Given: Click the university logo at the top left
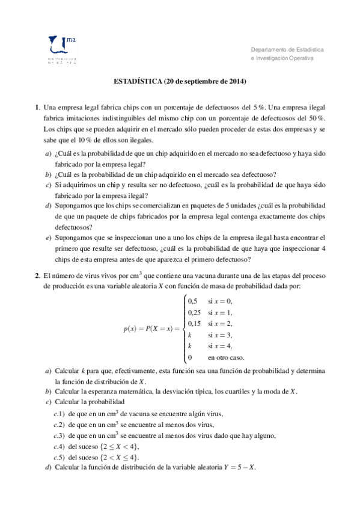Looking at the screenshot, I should [x=60, y=48].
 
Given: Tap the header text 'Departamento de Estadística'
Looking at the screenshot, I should [x=287, y=48].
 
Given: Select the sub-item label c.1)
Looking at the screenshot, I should [x=59, y=414].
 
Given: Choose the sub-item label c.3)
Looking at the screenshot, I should [x=59, y=435].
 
